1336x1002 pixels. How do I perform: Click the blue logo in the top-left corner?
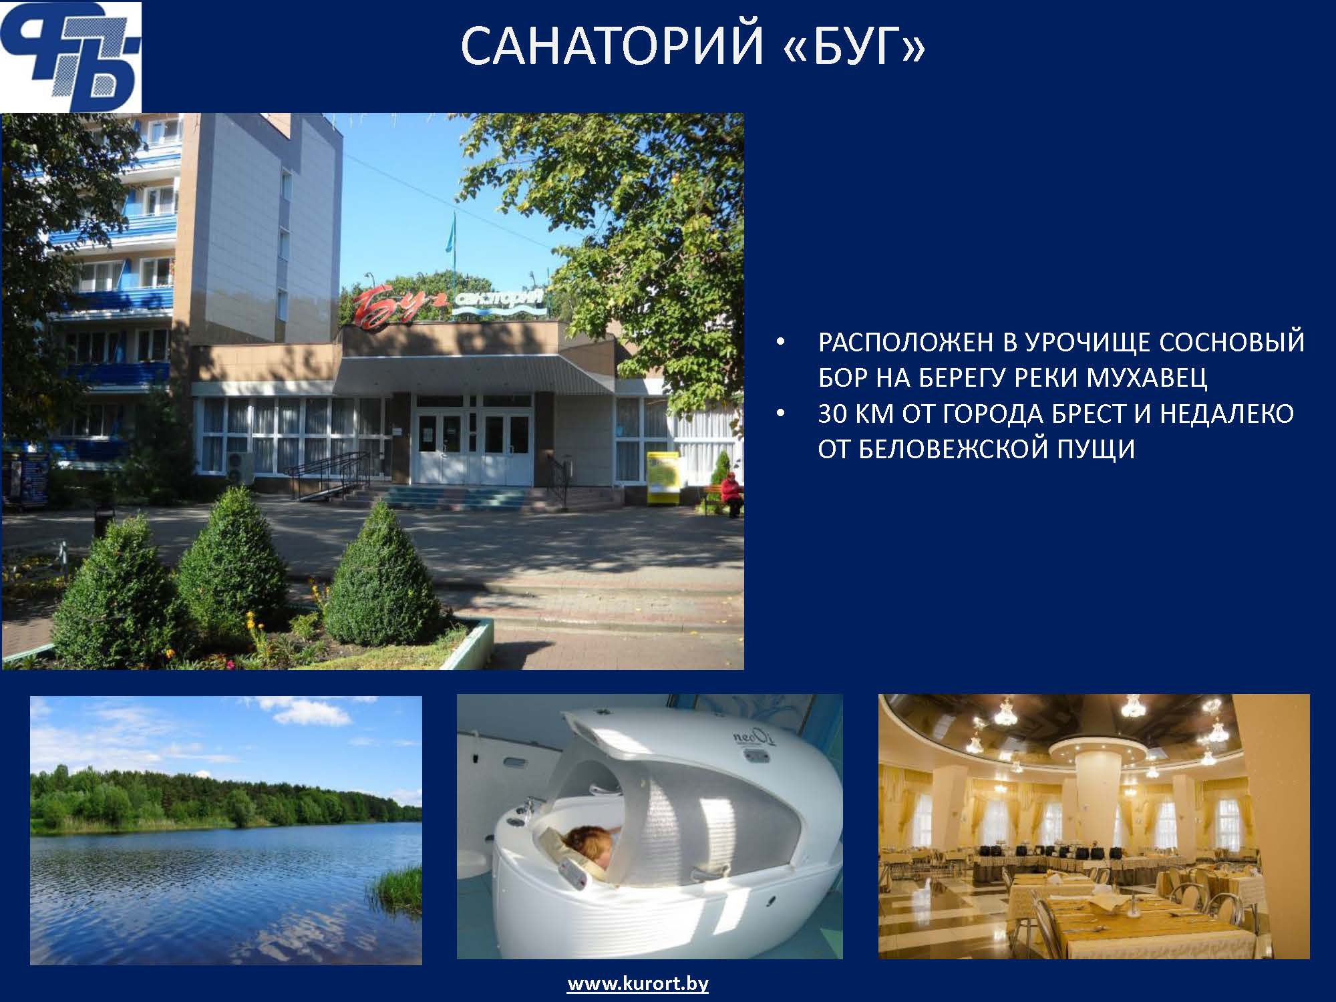pos(71,56)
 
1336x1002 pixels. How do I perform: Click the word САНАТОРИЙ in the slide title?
pos(611,47)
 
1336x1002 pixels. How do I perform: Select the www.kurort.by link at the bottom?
pos(638,983)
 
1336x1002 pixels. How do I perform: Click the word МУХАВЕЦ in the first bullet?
pos(1146,378)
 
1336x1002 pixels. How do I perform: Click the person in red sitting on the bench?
pos(733,494)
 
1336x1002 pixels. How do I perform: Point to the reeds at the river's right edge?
pos(397,888)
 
